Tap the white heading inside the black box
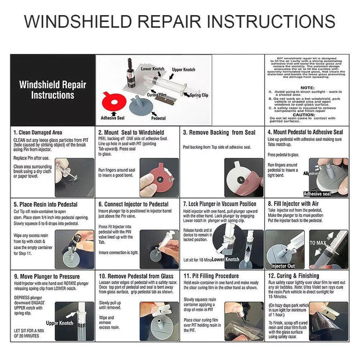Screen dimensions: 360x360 (x=52, y=90)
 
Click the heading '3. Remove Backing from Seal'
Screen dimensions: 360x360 (x=219, y=132)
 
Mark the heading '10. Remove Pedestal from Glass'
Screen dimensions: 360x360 (x=136, y=276)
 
